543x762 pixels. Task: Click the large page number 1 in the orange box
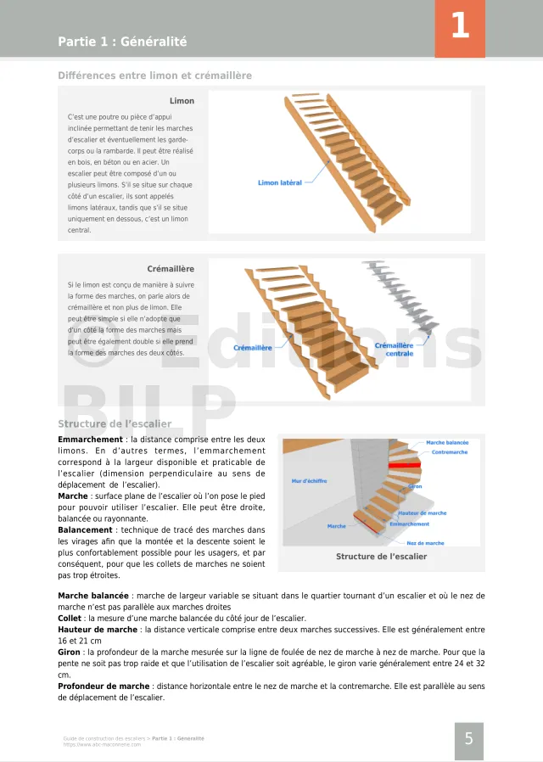[x=460, y=26]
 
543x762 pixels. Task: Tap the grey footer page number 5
[x=468, y=739]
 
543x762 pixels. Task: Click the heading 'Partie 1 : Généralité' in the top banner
[x=122, y=42]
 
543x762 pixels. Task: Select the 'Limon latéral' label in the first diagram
[x=280, y=182]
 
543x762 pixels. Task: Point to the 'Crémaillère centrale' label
[x=394, y=349]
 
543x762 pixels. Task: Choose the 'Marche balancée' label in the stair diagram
[x=446, y=443]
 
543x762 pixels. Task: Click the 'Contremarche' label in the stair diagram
[x=450, y=452]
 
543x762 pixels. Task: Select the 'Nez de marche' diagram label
[x=425, y=543]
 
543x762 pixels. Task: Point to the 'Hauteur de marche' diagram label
[x=422, y=513]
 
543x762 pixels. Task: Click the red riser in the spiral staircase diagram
[x=405, y=465]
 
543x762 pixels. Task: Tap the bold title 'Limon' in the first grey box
[x=182, y=101]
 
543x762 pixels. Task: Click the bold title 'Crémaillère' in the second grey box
[x=171, y=269]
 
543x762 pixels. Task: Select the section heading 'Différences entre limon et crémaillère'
[x=154, y=76]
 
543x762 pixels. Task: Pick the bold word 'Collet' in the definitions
[x=70, y=619]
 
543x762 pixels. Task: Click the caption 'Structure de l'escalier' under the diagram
[x=381, y=557]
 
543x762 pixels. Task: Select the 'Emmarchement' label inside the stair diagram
[x=409, y=524]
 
